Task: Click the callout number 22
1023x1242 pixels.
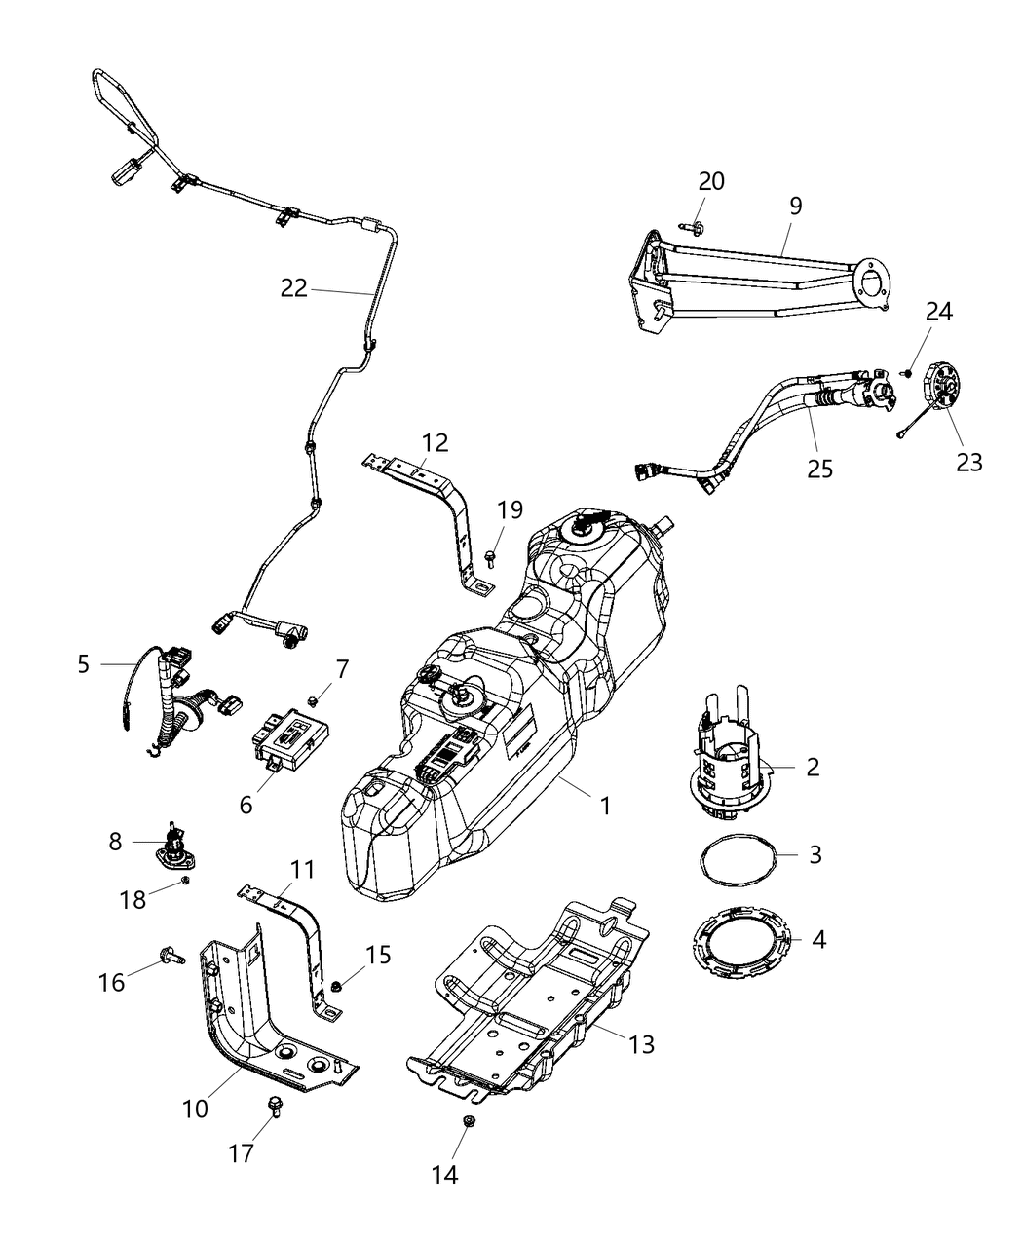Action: (x=294, y=287)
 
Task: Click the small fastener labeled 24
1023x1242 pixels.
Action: (x=907, y=371)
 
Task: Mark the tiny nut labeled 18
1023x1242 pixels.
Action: (x=184, y=881)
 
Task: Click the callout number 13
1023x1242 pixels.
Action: (x=639, y=1044)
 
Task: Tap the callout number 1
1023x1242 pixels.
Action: (x=605, y=807)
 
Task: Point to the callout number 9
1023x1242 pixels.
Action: (x=796, y=206)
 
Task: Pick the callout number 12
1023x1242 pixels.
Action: (x=435, y=442)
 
